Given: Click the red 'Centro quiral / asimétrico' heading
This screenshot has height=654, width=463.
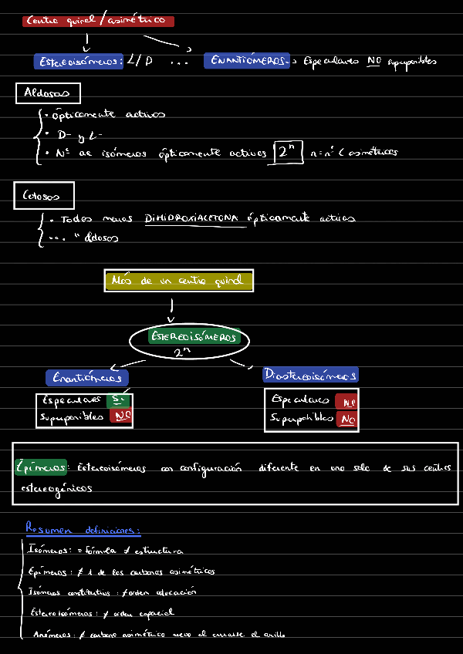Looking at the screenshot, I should (99, 22).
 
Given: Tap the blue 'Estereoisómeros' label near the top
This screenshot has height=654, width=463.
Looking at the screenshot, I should (79, 61).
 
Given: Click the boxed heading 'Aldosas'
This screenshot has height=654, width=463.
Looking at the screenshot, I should (48, 93).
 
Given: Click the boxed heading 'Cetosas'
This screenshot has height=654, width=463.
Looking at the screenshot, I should (43, 196).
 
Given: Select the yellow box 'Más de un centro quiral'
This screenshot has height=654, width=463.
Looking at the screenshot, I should (178, 281).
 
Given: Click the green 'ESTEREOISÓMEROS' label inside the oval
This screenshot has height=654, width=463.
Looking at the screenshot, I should (194, 337).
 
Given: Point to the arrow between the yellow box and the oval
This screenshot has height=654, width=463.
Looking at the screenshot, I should (171, 308).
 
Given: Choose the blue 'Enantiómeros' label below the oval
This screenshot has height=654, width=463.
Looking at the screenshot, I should (87, 378).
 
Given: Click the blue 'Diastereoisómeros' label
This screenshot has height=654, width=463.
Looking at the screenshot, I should (310, 375).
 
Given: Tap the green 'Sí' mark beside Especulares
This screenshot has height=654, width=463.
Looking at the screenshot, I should (118, 400).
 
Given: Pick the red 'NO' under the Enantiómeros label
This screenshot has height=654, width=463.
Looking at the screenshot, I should (121, 416).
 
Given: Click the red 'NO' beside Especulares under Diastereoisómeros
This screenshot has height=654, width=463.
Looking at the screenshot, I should (346, 401).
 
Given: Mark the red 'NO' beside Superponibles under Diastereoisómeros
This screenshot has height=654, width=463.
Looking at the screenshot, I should (346, 419).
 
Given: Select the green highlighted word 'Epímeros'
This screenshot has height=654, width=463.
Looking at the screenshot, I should (41, 467).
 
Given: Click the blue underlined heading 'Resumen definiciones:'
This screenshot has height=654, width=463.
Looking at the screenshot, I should (83, 530).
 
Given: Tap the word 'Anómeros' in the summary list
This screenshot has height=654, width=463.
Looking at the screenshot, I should (49, 634).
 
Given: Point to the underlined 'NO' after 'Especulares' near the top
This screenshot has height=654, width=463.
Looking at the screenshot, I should (374, 61).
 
